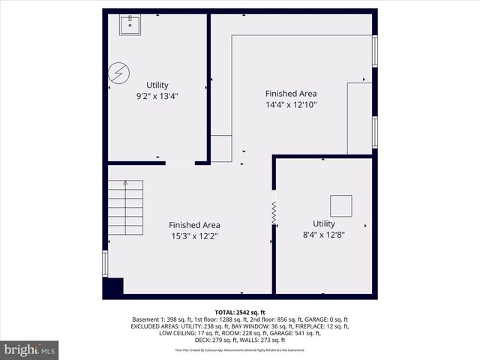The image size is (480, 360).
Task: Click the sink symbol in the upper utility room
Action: [130, 25]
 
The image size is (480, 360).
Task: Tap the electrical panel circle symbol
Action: [118, 73]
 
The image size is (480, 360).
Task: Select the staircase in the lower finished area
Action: [125, 209]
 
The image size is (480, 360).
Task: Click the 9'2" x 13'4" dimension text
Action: [157, 96]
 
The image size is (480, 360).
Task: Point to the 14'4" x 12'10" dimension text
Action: [291, 105]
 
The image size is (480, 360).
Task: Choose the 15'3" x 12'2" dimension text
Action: [194, 236]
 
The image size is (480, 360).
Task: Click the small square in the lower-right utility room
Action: [341, 205]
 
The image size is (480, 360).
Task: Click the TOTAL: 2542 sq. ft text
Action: [240, 312]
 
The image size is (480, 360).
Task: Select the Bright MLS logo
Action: [30, 349]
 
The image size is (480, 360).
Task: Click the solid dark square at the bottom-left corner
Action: [113, 286]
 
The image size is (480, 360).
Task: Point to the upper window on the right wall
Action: [375, 51]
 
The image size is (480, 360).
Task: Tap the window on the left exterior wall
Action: [105, 263]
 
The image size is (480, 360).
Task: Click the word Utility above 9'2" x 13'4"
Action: [157, 85]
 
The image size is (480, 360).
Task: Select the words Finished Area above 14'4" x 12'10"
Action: [291, 94]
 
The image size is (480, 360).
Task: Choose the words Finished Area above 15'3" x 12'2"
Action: [194, 225]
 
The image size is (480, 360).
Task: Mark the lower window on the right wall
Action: [375, 131]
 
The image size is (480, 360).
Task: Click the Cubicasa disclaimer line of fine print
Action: [240, 349]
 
